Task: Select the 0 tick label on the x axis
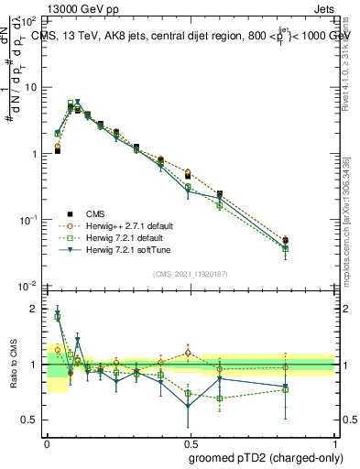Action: coord(47,442)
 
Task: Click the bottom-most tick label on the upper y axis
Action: coord(30,287)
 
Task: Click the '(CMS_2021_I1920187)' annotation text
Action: coord(191,273)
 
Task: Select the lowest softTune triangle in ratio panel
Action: coord(190,405)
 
